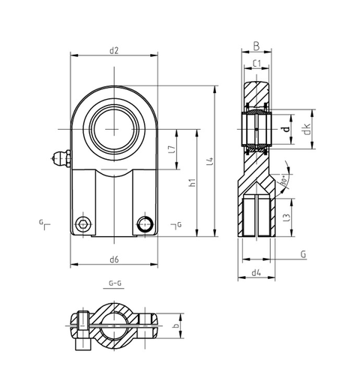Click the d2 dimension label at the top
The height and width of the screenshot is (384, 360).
point(114,50)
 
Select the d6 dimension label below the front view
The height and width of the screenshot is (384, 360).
point(114,259)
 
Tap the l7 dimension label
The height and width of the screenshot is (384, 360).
point(173,149)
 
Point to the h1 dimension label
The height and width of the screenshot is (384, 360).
point(192,182)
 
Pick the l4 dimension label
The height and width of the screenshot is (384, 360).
point(211,160)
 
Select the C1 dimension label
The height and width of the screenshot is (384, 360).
point(256,64)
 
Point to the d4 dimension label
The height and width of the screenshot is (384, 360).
point(256,271)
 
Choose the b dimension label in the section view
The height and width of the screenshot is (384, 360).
point(175,327)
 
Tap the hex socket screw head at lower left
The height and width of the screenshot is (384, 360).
point(82,224)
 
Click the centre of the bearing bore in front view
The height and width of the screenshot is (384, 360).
point(114,124)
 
